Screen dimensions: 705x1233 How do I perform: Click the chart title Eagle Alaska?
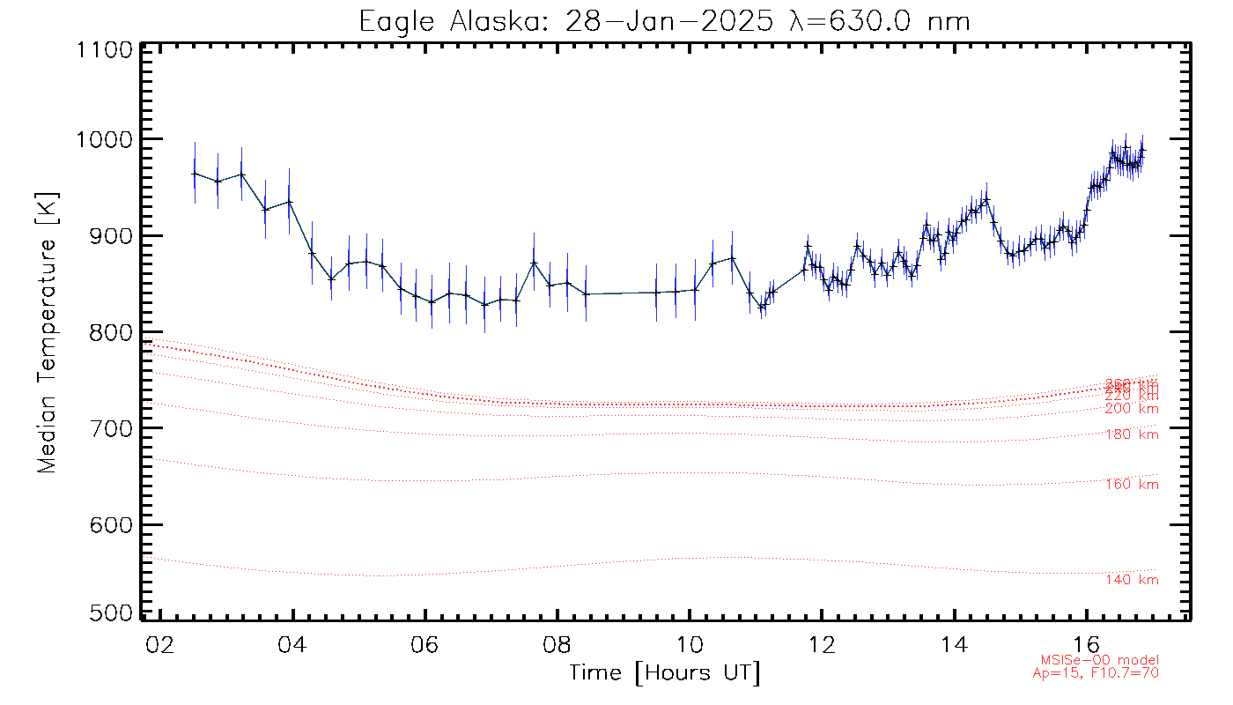665,20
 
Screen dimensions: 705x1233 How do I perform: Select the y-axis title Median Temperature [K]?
48,332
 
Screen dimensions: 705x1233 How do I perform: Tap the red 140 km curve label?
1132,580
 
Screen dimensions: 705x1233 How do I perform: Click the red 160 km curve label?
1132,485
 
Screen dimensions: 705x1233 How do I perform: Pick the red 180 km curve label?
1132,434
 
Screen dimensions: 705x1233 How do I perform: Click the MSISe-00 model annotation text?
1100,660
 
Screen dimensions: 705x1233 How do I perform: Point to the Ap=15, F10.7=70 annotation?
1096,673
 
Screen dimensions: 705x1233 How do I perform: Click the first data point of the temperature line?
195,174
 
